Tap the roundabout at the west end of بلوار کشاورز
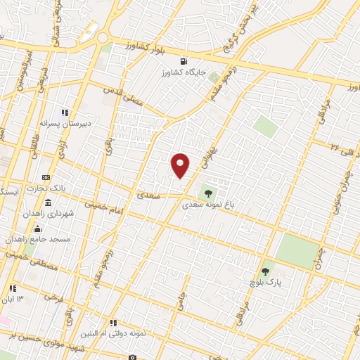tap(103, 38)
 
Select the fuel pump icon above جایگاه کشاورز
tap(184, 60)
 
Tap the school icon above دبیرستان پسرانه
tap(65, 112)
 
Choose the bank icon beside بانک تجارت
tap(46, 177)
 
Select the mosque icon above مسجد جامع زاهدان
tap(37, 229)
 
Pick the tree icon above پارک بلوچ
tap(265, 271)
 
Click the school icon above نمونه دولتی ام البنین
tap(114, 323)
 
